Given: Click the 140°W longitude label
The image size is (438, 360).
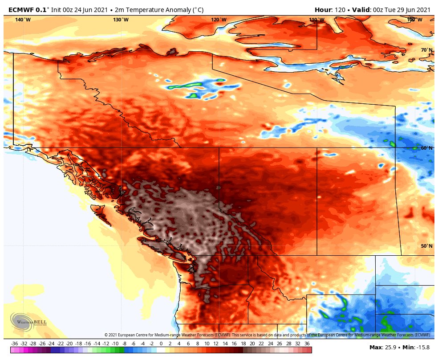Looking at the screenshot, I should (x=23, y=20).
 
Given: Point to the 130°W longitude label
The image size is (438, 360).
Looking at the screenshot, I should (x=121, y=20).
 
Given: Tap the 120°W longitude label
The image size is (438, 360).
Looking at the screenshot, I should (x=219, y=20).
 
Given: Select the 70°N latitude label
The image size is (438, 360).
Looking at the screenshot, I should (x=426, y=50).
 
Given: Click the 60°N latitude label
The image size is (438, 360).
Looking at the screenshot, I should (x=426, y=148).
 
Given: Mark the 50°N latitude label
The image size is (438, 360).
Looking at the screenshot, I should (x=426, y=246).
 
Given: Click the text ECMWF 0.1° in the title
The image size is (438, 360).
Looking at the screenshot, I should (x=28, y=10).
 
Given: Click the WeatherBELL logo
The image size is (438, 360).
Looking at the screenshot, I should (x=29, y=322).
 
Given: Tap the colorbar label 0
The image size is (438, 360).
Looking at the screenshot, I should (x=161, y=344).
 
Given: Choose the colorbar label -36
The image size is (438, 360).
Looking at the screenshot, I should (x=14, y=344).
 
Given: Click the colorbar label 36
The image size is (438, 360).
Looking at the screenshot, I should (x=307, y=344).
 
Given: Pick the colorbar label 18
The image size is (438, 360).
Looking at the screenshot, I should (x=243, y=344).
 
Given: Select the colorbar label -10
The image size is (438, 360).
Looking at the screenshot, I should (x=115, y=344).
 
